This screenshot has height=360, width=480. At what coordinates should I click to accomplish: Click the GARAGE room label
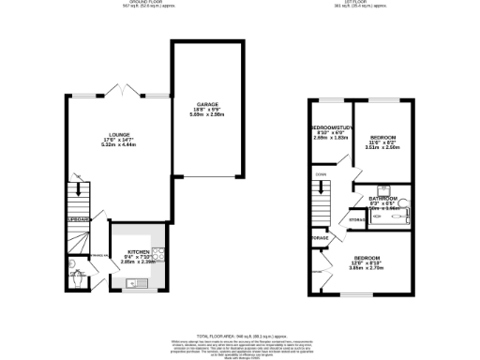(x=207, y=105)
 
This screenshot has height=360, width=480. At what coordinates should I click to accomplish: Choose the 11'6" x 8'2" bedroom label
(x=382, y=137)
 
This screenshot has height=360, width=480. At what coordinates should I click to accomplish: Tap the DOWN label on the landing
(x=321, y=174)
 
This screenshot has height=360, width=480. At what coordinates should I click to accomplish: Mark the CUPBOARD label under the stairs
(x=77, y=219)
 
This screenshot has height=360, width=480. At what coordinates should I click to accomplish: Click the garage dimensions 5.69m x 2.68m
(x=207, y=119)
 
